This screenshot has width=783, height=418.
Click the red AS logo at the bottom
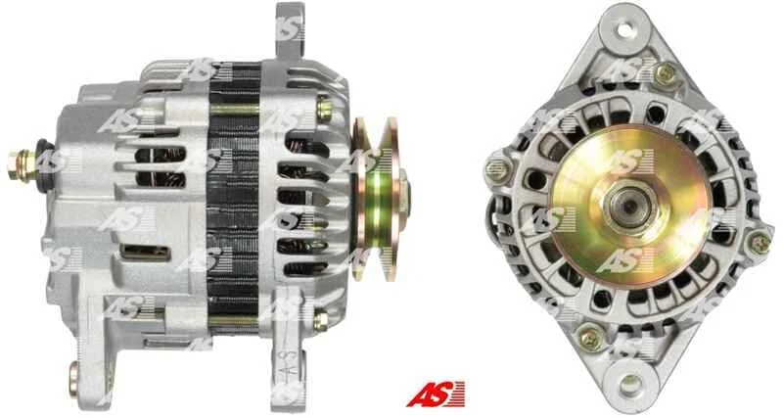[436, 395]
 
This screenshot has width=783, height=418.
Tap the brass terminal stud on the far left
[22, 165]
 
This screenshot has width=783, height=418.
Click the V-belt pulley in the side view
[380, 199]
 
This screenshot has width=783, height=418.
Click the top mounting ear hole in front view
[624, 29]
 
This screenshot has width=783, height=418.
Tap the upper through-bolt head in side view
[324, 110]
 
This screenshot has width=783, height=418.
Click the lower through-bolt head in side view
[320, 320]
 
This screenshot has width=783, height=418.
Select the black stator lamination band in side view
[234, 194]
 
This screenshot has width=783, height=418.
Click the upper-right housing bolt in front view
[666, 75]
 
